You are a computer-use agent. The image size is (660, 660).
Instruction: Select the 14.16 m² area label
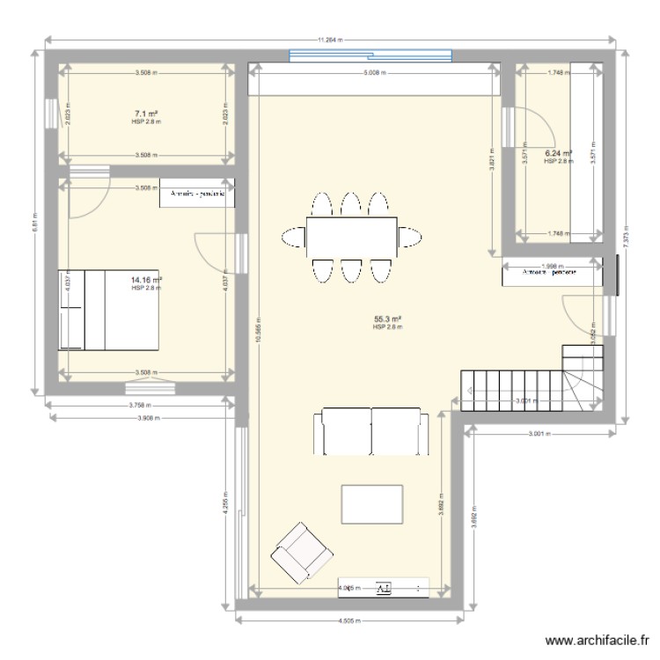(x=146, y=281)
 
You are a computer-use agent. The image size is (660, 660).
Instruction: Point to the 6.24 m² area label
(x=559, y=153)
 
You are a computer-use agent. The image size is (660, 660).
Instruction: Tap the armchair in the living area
(x=302, y=552)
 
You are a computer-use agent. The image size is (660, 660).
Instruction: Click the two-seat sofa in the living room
(x=370, y=432)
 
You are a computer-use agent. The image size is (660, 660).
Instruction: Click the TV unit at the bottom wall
(x=385, y=588)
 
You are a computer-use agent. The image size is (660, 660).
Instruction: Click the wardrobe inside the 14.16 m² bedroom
(x=198, y=194)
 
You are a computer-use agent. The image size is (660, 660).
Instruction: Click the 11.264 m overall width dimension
(x=329, y=40)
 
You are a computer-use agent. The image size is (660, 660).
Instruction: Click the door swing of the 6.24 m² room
(x=525, y=126)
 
